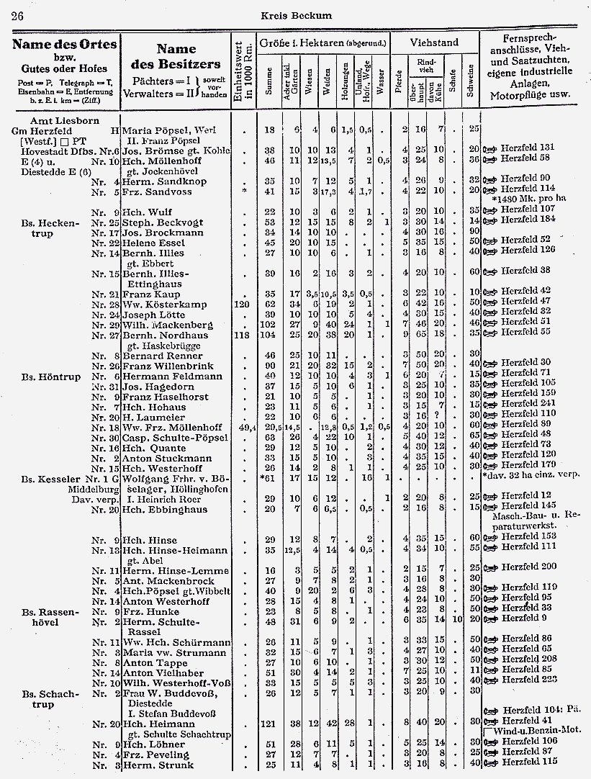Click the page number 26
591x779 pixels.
click(x=18, y=16)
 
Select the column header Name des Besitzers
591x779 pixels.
click(x=176, y=58)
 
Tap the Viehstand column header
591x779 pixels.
click(x=434, y=42)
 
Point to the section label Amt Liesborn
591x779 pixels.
click(x=66, y=120)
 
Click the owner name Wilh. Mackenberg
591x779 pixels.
click(x=167, y=325)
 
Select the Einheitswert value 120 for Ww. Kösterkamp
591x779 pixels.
click(x=243, y=305)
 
